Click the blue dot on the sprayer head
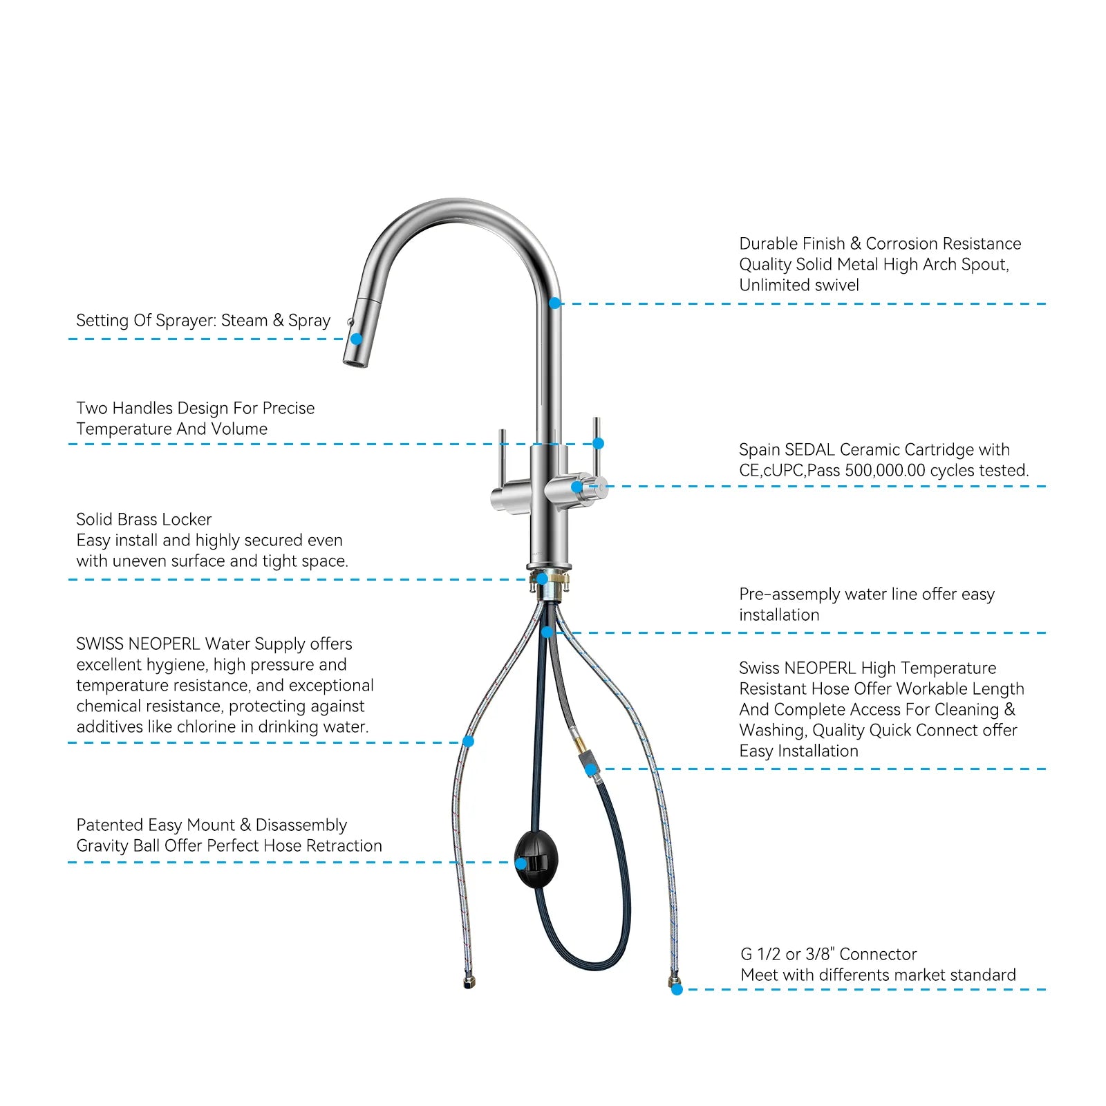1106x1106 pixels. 356,339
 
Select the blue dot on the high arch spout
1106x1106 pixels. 554,303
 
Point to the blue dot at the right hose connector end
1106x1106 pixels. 677,989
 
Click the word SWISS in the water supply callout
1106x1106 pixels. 99,644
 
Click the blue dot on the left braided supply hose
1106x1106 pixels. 468,741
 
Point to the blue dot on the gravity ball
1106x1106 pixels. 521,863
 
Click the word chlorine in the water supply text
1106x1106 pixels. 207,727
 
